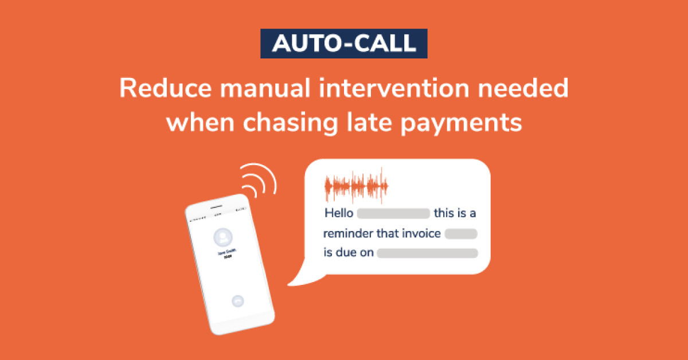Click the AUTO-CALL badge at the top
[x=344, y=44]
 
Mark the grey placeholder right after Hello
[x=393, y=214]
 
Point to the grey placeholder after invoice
[x=461, y=233]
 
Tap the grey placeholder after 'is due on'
[x=427, y=253]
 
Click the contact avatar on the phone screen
[x=222, y=237]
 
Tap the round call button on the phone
[x=237, y=300]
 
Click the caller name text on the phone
[x=224, y=254]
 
